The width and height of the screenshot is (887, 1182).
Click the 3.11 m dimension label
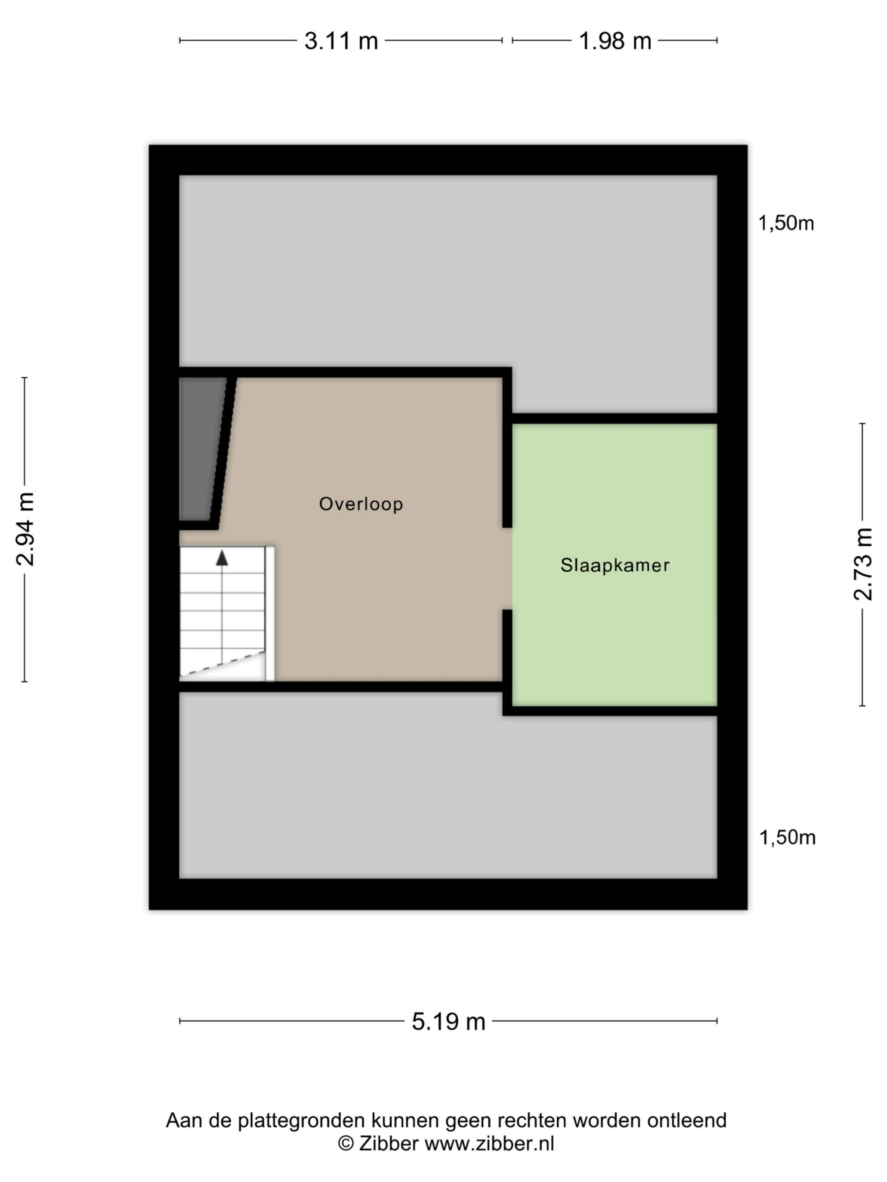pos(341,41)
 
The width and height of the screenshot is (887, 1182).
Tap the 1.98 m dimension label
pos(615,41)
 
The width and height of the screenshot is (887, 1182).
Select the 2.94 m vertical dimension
pos(25,529)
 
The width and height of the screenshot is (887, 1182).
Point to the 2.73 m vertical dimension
pos(863,564)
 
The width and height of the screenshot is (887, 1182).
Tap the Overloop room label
pos(361,504)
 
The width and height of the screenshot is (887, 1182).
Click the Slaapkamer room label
pos(615,565)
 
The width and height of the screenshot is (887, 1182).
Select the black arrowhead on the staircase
pos(222,558)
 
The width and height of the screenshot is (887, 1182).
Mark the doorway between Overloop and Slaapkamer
pos(507,568)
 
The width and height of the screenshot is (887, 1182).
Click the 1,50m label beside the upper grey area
pos(786,223)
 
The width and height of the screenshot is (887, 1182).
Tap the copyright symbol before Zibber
pos(346,1143)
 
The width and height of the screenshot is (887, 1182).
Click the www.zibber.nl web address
pos(489,1143)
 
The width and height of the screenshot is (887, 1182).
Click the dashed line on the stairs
pos(222,664)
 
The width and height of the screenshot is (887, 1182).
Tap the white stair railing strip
pos(270,614)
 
